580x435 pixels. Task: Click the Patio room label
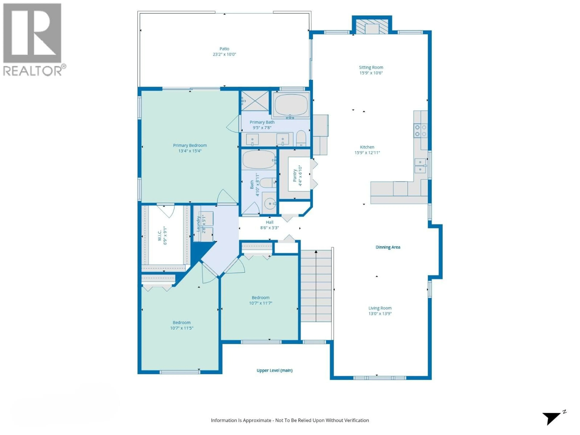tap(224, 49)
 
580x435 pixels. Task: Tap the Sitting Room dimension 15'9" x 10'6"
tap(371, 73)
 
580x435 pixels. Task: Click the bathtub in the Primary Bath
tap(291, 105)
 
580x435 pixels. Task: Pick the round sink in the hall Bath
tap(270, 203)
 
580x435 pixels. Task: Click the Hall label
tap(270, 222)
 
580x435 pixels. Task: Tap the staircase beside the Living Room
tap(316, 286)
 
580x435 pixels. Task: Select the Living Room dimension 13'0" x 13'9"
tap(380, 314)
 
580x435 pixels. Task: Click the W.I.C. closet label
tap(159, 235)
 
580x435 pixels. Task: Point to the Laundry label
tap(198, 224)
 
